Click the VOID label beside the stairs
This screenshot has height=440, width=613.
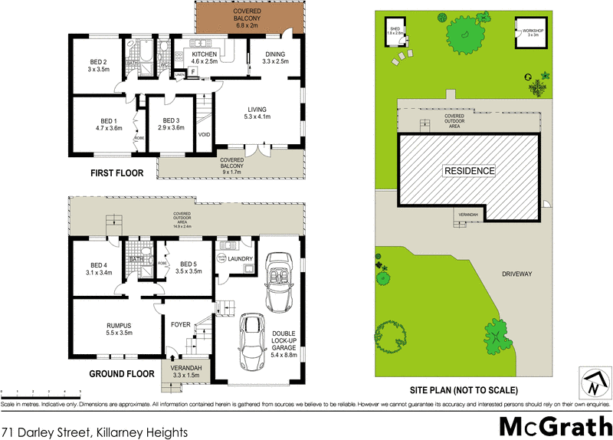(204, 135)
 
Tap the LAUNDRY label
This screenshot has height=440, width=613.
(240, 258)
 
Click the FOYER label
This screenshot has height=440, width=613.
(180, 323)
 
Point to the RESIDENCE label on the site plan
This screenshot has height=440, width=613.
(470, 171)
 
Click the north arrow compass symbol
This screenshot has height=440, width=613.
(593, 383)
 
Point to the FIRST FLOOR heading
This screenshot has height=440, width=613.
(117, 174)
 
